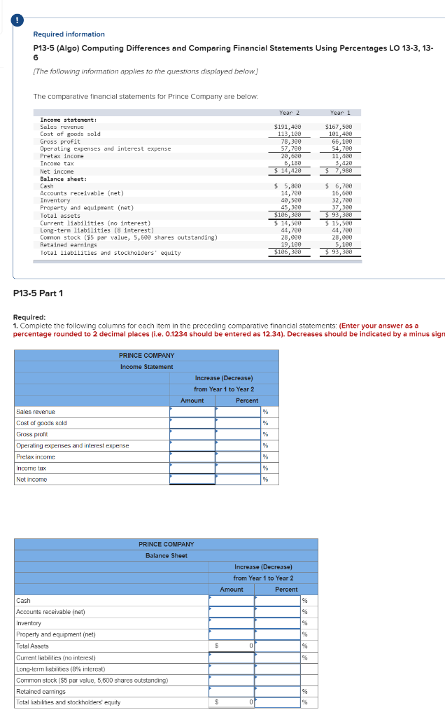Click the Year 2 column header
285,112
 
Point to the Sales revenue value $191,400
288,127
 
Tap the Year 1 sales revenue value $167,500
343,127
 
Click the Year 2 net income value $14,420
288,170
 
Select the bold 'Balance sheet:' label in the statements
62,179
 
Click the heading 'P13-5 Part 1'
38,293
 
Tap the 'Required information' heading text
69,34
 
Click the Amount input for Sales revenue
192,412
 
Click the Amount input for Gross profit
192,434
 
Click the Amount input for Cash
232,601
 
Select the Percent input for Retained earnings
277,692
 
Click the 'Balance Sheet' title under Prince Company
166,555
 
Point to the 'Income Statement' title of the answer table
146,367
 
